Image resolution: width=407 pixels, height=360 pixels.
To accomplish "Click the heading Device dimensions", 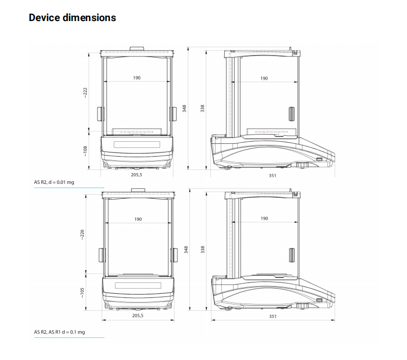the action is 72,17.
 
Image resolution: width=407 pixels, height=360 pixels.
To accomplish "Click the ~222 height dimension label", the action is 85,93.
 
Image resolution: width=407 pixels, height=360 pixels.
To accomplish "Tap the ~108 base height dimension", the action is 85,151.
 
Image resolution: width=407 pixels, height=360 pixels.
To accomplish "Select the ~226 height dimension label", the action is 82,235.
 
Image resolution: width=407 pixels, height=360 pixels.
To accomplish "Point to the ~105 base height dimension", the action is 82,293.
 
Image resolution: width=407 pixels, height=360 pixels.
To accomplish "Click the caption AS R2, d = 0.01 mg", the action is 54,182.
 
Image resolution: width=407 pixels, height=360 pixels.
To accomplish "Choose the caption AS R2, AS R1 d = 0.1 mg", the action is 60,332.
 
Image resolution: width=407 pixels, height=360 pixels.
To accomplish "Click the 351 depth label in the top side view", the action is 273,176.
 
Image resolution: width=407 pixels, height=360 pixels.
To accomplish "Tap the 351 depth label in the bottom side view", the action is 273,316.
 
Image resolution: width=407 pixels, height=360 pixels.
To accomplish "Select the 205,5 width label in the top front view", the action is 137,175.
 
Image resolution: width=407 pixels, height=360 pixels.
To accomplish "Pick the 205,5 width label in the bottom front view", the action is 138,316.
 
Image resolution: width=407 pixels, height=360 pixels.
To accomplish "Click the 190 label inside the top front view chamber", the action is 137,78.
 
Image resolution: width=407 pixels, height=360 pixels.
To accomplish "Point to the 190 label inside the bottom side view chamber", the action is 264,218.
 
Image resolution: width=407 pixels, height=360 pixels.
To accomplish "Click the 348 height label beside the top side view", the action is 184,108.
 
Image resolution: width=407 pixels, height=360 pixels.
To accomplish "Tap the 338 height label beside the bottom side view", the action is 202,250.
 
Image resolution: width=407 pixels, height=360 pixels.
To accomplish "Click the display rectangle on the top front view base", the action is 137,144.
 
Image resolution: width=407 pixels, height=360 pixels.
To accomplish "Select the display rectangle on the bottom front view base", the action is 138,286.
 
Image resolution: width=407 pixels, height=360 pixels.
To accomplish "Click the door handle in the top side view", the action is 292,114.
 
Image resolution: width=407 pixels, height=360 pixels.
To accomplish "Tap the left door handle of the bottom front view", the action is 102,255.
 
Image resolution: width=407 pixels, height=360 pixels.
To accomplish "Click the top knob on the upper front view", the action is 137,49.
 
